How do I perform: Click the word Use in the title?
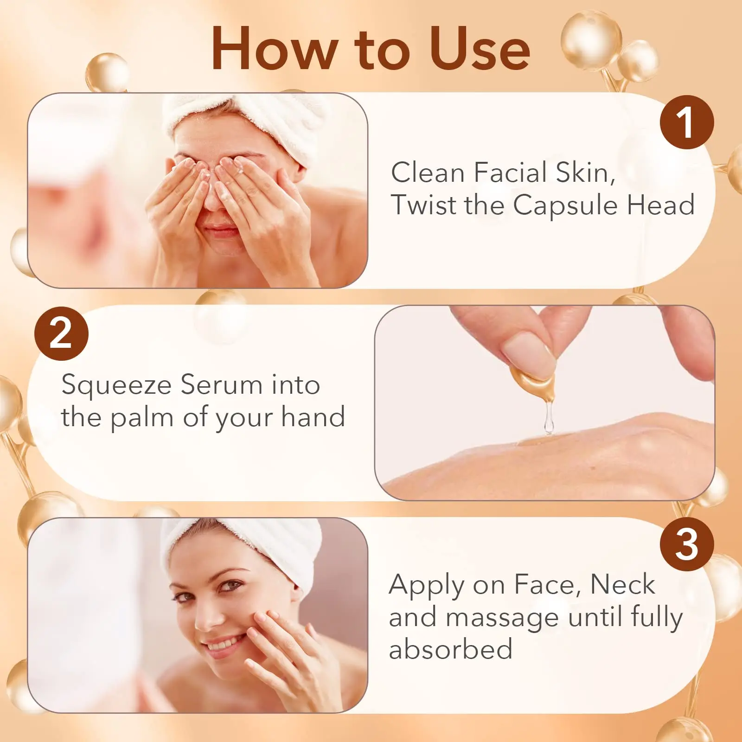[x=480, y=49]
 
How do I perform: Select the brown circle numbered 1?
[x=687, y=122]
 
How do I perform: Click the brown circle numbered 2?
[x=61, y=333]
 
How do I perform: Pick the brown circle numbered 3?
[x=687, y=544]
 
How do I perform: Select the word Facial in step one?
[x=510, y=173]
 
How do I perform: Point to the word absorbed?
[x=450, y=649]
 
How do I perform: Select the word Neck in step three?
[x=622, y=584]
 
